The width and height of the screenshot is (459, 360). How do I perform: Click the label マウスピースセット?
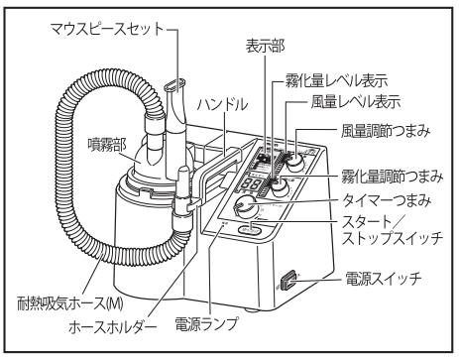point(107,29)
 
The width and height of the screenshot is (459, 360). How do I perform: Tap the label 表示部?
point(265,47)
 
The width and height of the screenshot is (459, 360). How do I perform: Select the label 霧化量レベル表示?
point(336,80)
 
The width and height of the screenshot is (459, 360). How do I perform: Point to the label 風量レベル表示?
point(356,102)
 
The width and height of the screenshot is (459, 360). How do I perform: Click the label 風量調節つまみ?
point(386,131)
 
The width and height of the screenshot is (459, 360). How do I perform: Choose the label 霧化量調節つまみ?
point(392,177)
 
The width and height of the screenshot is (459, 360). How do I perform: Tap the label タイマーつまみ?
point(387,200)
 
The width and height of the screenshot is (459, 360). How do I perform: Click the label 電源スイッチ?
point(384,280)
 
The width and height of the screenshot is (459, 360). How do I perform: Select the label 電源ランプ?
point(206,323)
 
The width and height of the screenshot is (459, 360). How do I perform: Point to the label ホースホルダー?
point(112,326)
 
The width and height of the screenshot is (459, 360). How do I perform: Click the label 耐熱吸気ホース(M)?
point(70,303)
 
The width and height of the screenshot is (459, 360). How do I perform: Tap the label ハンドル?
point(222,105)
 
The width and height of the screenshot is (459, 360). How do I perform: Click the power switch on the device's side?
point(287,282)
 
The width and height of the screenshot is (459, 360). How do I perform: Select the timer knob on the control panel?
point(245,205)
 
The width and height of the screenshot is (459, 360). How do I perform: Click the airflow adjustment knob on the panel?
point(295,162)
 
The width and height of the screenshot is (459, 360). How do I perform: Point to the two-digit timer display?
point(251,183)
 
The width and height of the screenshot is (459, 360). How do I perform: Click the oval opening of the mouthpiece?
point(174,84)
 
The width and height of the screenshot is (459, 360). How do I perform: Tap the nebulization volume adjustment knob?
point(280,187)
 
